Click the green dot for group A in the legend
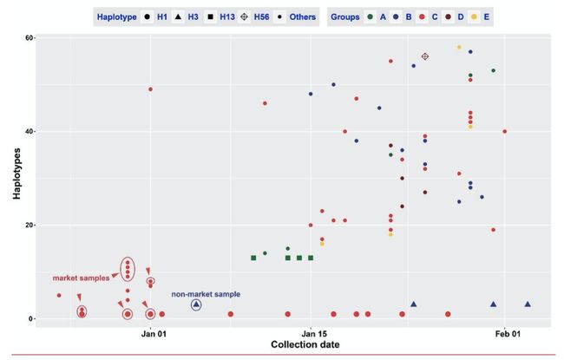(x=372, y=16)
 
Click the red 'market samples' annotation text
(x=81, y=278)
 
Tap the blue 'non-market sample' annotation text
(x=206, y=294)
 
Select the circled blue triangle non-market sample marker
(x=196, y=304)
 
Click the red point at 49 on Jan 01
(x=150, y=89)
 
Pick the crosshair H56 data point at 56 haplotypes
(x=425, y=56)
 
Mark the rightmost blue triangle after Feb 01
(x=528, y=304)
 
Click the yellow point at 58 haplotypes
(x=459, y=47)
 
